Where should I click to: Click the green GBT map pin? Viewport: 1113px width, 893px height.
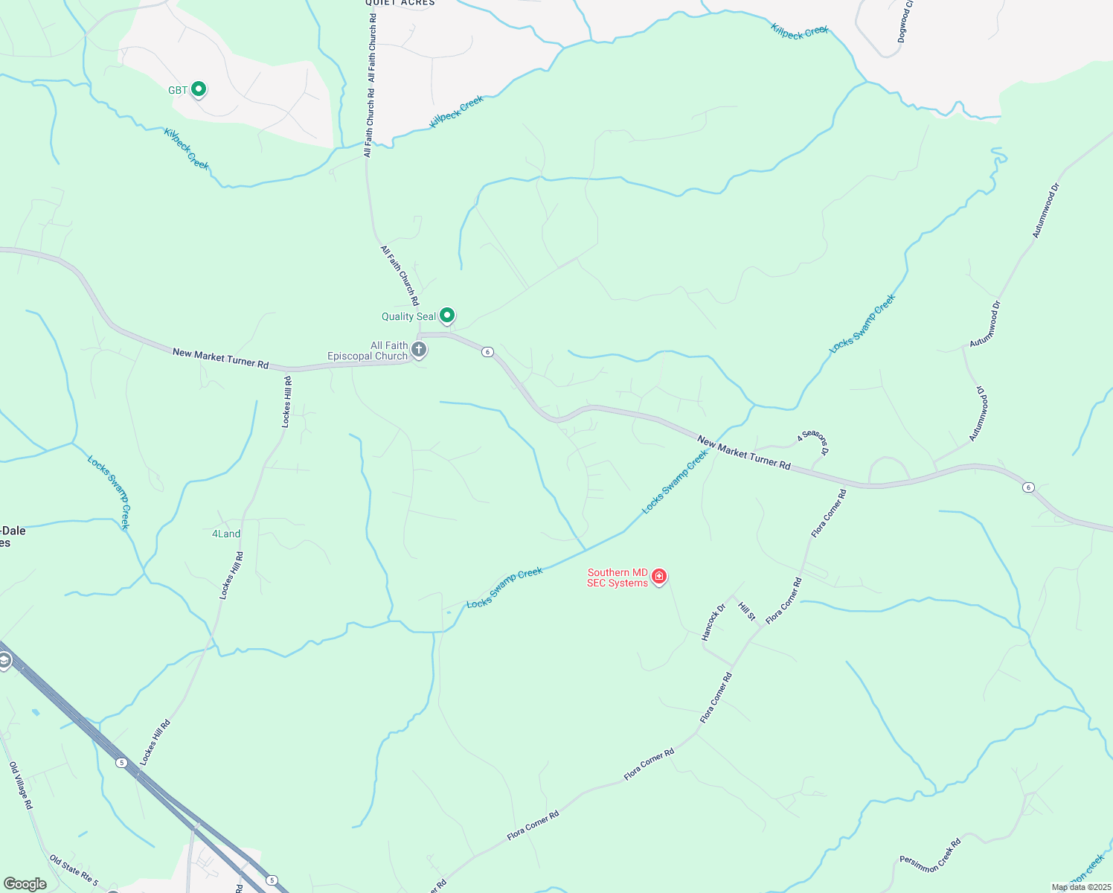tap(198, 89)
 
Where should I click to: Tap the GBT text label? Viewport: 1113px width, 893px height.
tap(178, 91)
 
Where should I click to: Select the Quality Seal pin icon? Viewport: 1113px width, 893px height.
tap(446, 316)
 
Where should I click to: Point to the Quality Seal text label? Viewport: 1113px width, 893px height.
tap(408, 317)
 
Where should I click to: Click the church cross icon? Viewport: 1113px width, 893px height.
tap(419, 349)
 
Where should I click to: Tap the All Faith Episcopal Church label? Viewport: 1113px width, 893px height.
tap(368, 351)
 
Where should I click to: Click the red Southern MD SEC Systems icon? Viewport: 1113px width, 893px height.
tap(658, 576)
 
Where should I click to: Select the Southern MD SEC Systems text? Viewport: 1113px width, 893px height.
tap(618, 578)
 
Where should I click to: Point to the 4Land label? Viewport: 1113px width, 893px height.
tap(226, 534)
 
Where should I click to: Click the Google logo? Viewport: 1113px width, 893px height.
tap(25, 884)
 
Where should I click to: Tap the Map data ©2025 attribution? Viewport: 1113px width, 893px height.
tap(1080, 887)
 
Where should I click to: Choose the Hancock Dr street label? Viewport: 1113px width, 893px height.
tap(713, 622)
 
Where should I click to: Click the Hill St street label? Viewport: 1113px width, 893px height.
tap(747, 611)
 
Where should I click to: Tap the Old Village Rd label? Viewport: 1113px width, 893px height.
tap(21, 785)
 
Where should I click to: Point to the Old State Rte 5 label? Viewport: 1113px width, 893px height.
tap(73, 871)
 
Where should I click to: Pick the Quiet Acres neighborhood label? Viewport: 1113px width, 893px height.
tap(400, 3)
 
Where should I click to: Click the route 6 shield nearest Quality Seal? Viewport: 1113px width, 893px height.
tap(487, 351)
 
